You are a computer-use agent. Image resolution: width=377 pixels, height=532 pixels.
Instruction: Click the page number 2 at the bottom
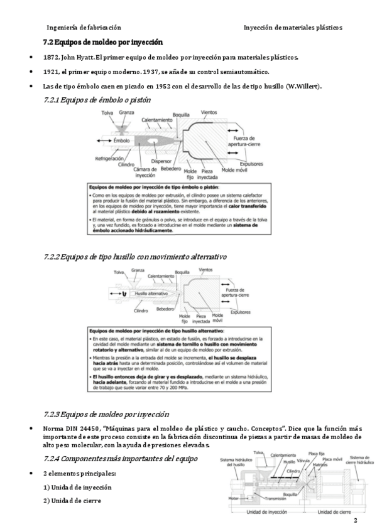pos(356,521)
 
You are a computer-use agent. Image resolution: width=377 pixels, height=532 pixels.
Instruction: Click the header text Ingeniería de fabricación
pos(84,28)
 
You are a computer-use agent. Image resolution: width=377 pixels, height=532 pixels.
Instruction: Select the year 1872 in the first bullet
pos(52,57)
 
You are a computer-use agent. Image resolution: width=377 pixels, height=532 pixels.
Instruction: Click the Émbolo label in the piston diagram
pos(122,141)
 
